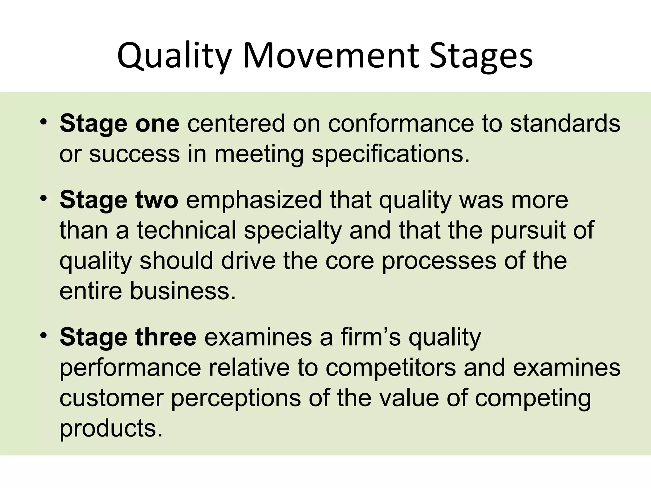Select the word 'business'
(x=183, y=291)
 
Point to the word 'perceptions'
(x=236, y=398)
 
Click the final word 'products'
(x=111, y=428)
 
